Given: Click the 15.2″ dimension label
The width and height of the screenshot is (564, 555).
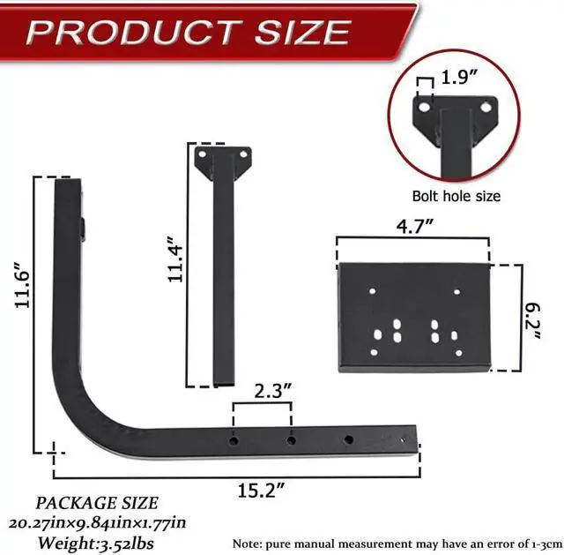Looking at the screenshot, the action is (x=261, y=490).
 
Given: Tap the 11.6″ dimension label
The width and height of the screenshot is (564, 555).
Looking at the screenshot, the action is (x=22, y=285).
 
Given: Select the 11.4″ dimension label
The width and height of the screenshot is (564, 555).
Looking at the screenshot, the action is (x=175, y=259).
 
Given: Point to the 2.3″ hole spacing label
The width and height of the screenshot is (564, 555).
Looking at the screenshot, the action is (x=273, y=391).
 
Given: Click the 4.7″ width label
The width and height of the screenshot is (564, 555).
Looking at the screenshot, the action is (x=415, y=226).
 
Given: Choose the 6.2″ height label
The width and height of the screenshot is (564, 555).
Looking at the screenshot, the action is (x=532, y=321).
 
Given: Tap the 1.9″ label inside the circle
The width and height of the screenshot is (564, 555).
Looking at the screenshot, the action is (x=459, y=77).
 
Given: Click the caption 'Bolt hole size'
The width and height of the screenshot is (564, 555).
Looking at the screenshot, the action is (x=456, y=196).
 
